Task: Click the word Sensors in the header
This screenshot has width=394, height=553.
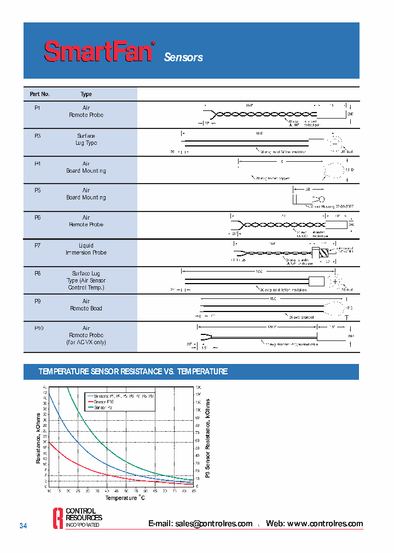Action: pos(183,57)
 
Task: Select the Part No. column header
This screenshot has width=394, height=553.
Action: pos(39,95)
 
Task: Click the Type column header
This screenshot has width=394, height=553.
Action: pos(86,95)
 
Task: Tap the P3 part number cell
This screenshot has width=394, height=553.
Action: pos(38,136)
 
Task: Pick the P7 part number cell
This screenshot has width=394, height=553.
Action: pos(38,246)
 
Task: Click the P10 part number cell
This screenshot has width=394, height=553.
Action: pos(39,328)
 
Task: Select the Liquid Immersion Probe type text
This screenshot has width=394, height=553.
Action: pos(86,249)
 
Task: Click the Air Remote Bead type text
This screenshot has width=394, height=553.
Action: pos(86,305)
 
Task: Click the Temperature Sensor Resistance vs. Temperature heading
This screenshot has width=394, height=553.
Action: pos(133,372)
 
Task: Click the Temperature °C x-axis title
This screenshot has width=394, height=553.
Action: pos(125,498)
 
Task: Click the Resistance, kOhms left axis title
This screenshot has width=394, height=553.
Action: pos(38,437)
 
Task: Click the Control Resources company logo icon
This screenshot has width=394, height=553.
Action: pos(57,517)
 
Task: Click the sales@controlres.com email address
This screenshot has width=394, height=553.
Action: pos(200,523)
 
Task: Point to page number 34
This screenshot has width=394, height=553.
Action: pos(23,526)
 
